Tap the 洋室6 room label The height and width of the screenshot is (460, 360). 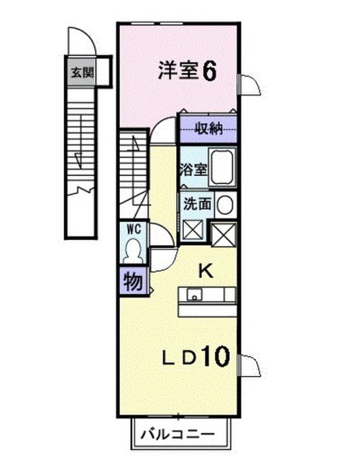point(188,70)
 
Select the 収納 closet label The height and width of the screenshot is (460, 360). point(209,129)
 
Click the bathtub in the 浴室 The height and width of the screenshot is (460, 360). point(222,167)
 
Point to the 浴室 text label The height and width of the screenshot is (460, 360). point(193,170)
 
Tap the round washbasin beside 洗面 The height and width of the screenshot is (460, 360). point(226,204)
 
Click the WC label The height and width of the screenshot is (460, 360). point(134,229)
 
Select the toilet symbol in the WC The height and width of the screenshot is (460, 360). point(134,251)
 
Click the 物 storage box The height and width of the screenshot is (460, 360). point(133,281)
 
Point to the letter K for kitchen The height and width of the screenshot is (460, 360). point(206,272)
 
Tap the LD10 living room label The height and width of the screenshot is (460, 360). point(195,357)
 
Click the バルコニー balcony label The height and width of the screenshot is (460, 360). point(177,434)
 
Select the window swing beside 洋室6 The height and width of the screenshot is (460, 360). point(249,85)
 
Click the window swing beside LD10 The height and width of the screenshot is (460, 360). point(249,365)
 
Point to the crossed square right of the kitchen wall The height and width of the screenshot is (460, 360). point(223,234)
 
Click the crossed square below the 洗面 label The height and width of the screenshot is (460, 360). point(193,231)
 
